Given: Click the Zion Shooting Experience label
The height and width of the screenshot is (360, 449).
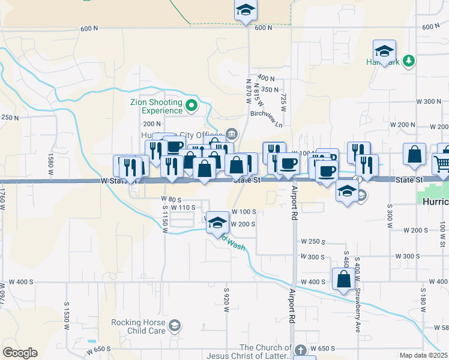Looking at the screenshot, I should [x=156, y=106].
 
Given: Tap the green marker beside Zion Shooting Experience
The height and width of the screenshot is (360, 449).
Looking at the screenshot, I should [x=191, y=107].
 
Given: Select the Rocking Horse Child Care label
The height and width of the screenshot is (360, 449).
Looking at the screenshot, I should [x=138, y=326].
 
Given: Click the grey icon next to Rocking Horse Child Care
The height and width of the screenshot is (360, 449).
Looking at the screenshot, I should [x=174, y=326].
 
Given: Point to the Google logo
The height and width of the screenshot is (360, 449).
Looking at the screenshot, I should [x=20, y=353].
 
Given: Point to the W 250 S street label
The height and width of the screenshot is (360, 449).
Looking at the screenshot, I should [x=313, y=242].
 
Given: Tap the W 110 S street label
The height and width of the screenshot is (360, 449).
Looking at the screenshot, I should [x=183, y=207].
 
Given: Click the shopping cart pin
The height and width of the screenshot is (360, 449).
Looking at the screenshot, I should [x=442, y=163].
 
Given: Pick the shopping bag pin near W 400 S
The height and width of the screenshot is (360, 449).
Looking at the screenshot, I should [x=343, y=280].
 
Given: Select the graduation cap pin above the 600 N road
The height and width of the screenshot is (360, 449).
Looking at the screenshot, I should [x=246, y=10].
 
